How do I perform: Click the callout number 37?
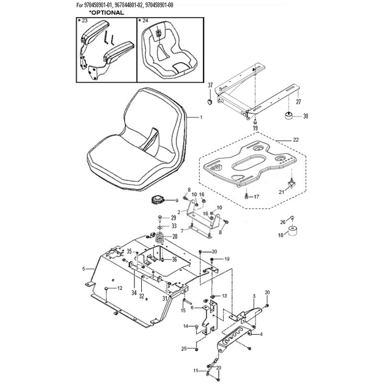pos(210,85)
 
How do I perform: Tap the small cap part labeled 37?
pos(210,102)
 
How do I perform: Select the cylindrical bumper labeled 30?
pos(289,116)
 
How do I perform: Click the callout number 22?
pos(296,140)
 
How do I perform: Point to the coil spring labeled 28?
pos(160,238)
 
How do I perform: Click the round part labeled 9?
pos(157,200)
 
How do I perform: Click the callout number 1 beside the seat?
pos(201,117)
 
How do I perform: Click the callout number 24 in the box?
pos(145,21)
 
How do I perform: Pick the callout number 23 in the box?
pos(85,21)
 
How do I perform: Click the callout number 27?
pos(299,102)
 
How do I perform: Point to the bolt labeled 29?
pos(160,219)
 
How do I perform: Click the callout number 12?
pos(120,288)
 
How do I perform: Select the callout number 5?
pos(84,269)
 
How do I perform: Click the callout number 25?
pos(184,348)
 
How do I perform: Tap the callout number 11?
pos(196,371)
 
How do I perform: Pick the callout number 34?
pos(134,293)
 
